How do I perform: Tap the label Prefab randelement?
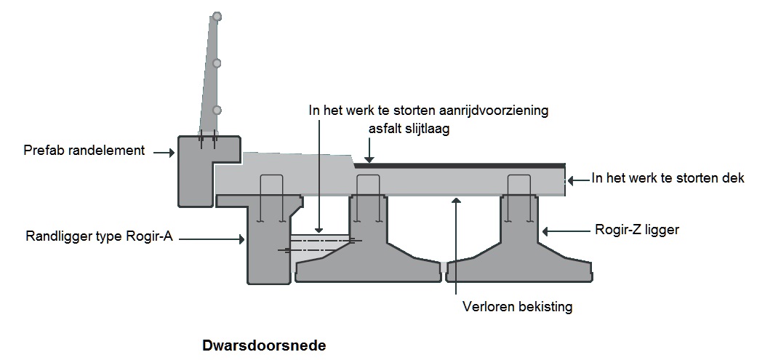(x=84, y=151)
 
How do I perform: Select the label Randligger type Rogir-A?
(x=99, y=236)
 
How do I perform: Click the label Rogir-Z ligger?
(x=636, y=230)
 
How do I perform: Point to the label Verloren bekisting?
(x=517, y=306)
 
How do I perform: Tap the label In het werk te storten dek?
(x=668, y=177)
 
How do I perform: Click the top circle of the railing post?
(x=217, y=16)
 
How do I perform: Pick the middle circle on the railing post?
(x=217, y=63)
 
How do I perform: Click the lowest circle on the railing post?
(x=217, y=110)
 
